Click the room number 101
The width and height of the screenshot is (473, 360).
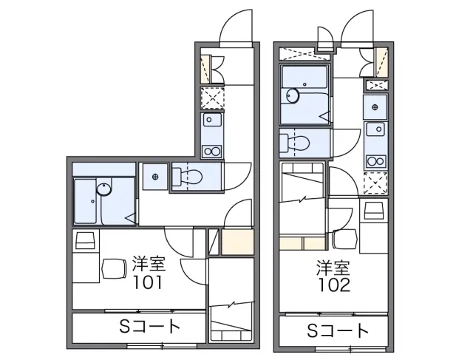tap(148, 282)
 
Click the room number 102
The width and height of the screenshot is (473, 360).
tap(335, 285)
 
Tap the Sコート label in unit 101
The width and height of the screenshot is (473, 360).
tap(150, 326)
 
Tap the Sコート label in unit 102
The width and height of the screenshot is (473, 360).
tap(338, 330)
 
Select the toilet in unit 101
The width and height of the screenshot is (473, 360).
tap(187, 177)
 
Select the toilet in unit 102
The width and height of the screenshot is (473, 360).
tap(294, 143)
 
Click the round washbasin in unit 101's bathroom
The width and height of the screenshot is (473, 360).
tap(104, 189)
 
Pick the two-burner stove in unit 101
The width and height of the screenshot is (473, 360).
tap(212, 151)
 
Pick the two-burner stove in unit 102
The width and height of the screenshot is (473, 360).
tap(376, 161)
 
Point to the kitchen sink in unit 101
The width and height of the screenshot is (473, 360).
tap(212, 120)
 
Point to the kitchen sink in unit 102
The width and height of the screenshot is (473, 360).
tap(376, 129)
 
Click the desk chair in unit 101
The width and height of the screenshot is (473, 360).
tap(114, 268)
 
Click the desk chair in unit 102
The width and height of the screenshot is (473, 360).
tap(344, 239)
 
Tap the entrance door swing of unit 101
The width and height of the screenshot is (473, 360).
tap(236, 27)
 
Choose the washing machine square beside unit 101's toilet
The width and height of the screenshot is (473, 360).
tap(155, 177)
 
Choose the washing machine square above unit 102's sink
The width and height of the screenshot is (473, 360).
tap(375, 107)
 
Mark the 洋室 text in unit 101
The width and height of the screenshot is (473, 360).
tap(149, 263)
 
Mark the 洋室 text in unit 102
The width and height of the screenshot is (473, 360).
tap(333, 268)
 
